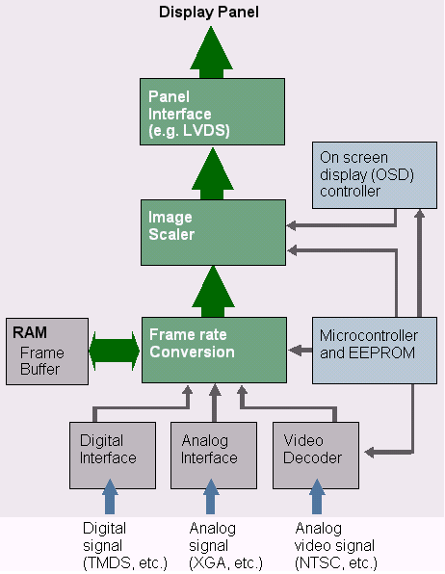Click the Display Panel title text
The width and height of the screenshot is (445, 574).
tap(209, 12)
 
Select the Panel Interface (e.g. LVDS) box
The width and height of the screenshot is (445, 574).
tap(212, 112)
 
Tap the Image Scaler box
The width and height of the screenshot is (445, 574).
tap(213, 232)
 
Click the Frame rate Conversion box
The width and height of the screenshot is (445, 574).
tap(214, 350)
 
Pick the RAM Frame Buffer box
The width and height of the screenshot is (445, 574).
tap(47, 352)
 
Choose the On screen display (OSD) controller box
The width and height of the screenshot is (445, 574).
tap(375, 175)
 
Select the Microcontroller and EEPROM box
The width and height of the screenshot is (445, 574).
tap(375, 351)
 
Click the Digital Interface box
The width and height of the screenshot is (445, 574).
tap(113, 456)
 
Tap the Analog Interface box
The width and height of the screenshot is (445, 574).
tap(214, 456)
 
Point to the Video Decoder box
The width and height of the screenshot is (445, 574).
tap(316, 456)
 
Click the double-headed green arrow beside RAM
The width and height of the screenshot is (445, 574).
tap(115, 352)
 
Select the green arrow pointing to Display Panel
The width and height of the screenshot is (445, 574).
tap(211, 52)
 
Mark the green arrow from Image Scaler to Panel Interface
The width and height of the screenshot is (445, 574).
tap(213, 173)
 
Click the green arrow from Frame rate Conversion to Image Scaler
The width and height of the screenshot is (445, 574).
tap(213, 292)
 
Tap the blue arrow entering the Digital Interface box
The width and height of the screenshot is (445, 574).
tap(110, 497)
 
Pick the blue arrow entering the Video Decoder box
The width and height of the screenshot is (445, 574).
tap(317, 497)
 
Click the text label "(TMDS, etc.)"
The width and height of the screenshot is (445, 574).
tap(125, 562)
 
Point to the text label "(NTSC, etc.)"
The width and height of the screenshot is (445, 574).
tap(336, 562)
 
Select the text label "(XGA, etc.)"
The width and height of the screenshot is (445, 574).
tap(225, 562)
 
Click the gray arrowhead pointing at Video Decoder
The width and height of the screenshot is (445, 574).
tap(369, 453)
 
